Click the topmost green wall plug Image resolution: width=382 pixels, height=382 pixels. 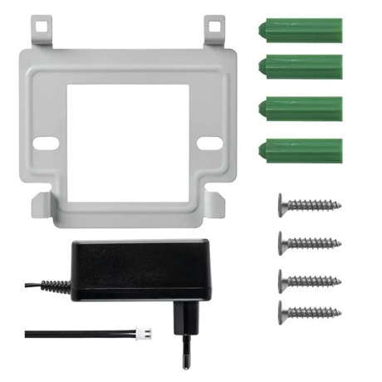tap(301, 28)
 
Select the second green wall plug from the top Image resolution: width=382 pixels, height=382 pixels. tap(301, 66)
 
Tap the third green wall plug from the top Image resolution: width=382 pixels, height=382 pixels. tap(301, 108)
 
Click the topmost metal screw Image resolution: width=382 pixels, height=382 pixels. tap(309, 203)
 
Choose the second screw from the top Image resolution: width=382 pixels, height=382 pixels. tap(309, 242)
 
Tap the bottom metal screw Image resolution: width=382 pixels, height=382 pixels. tap(309, 313)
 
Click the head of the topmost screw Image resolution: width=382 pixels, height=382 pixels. tap(282, 203)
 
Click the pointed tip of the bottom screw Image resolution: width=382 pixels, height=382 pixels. tap(339, 313)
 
